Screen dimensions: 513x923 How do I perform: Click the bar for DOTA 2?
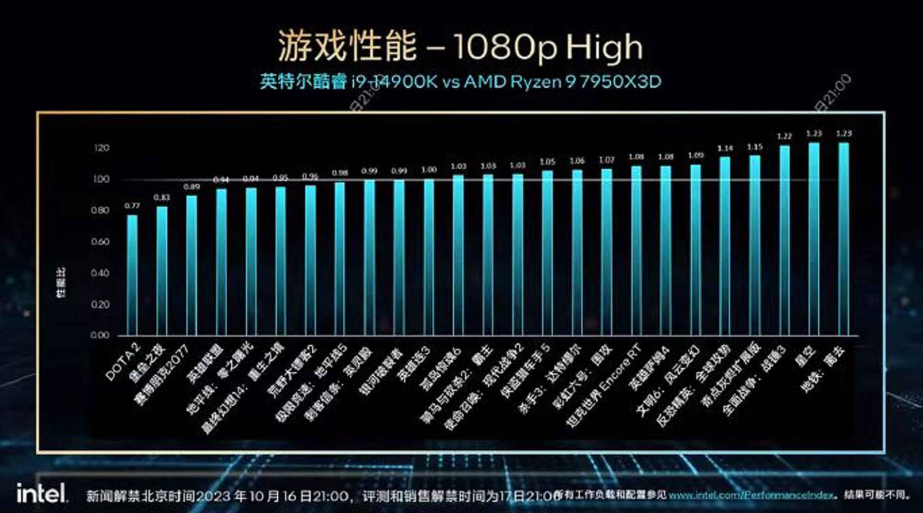tap(132, 275)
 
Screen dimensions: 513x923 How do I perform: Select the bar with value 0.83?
tap(162, 271)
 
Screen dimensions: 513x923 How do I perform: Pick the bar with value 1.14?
tap(725, 246)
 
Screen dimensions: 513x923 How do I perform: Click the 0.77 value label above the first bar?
tap(132, 206)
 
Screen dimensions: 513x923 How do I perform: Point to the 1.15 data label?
tap(754, 147)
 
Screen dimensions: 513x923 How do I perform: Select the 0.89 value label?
tap(192, 187)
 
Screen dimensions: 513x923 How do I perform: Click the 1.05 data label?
tap(547, 162)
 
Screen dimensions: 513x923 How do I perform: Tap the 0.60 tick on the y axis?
tap(100, 242)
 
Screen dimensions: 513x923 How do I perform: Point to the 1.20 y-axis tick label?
tap(101, 148)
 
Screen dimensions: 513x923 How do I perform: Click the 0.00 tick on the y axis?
tap(100, 335)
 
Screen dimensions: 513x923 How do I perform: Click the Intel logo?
tap(42, 494)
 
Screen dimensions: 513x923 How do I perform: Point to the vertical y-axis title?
tap(61, 283)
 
